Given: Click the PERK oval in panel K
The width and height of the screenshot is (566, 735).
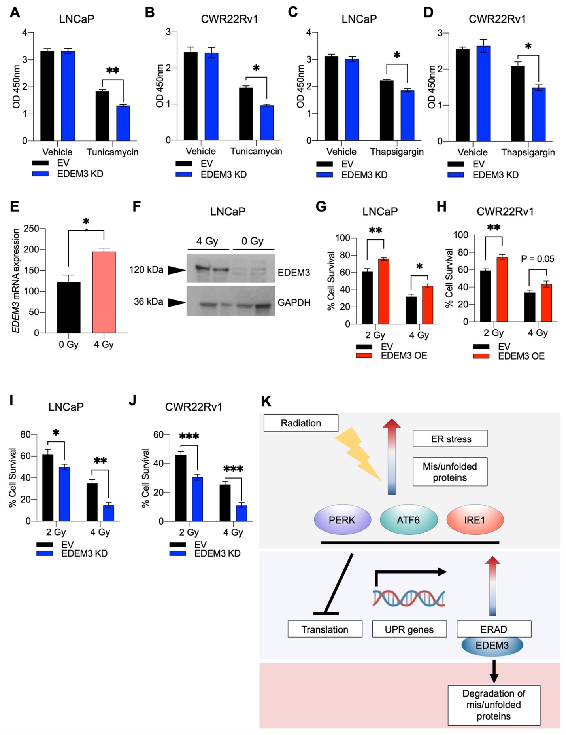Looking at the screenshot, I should pos(342,520).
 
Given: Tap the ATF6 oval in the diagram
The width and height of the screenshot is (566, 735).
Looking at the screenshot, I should pos(408,520).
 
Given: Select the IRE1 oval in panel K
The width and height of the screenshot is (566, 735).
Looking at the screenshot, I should pos(475,520).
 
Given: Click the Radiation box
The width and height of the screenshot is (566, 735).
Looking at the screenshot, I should pos(301,423).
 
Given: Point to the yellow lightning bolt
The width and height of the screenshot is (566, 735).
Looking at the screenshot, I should pos(358,453).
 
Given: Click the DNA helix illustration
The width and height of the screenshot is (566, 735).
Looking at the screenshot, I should pos(409,598).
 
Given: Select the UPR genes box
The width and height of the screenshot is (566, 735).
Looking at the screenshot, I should pos(409,629).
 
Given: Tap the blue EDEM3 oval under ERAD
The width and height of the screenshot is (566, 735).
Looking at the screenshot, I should pos(492,646).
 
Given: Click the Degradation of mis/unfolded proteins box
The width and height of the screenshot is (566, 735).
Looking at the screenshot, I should pos(494,705).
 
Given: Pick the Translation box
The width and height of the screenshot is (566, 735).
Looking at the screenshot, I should pos(325,629).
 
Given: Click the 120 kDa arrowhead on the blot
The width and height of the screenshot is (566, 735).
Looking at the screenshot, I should pos(176,270).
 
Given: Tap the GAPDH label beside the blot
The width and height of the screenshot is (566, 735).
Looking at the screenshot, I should pos(294,303).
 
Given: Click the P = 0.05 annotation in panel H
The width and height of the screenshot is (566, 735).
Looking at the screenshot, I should pos(537,259).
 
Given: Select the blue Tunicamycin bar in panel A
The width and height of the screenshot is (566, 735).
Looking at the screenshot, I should pos(123,123).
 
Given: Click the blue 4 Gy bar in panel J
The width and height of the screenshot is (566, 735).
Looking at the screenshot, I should pos(241,513).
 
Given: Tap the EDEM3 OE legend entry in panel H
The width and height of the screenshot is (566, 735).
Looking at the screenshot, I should pos(521,356).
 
